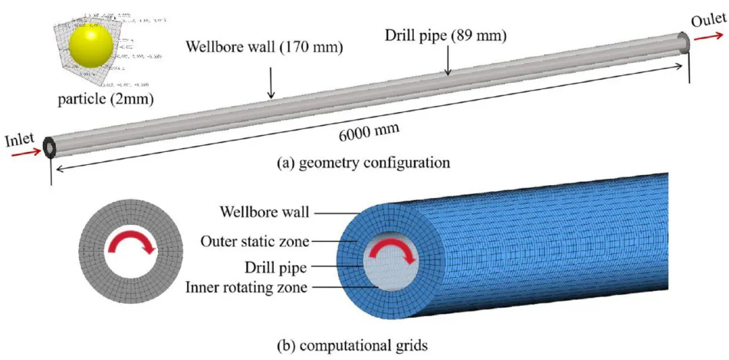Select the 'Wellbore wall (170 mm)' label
click(265, 48)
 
